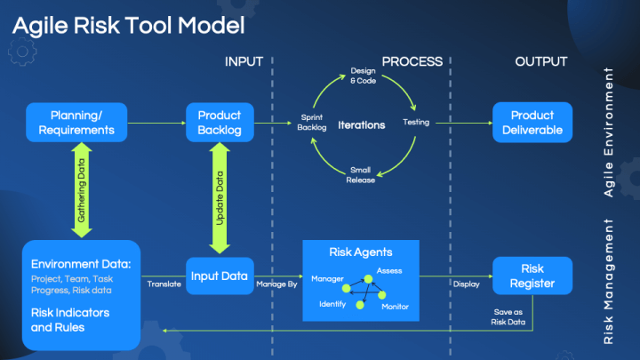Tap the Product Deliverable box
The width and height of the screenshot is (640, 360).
point(532,123)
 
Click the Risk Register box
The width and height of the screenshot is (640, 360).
point(532,276)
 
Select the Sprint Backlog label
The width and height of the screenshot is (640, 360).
point(312,123)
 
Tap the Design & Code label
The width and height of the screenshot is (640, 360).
point(364,76)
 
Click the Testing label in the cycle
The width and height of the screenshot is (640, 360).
point(416,123)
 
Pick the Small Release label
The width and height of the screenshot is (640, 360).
point(360,174)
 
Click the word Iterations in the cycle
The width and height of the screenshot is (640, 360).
point(361,125)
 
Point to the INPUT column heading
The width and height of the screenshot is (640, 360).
point(244,62)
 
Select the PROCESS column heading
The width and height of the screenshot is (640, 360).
point(412,62)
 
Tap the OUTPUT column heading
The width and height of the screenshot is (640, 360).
point(540,62)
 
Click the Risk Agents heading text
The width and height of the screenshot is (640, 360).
point(360,252)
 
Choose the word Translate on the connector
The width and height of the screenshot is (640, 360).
point(164,284)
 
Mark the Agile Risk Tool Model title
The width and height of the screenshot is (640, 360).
point(128,26)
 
